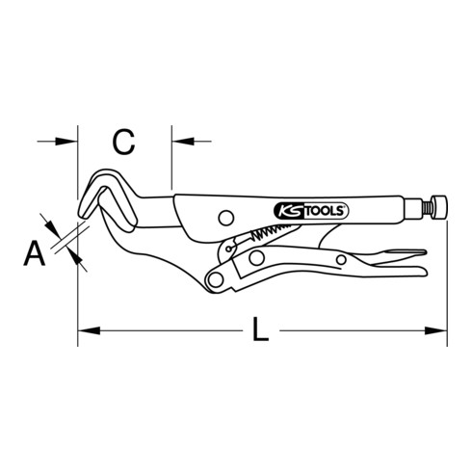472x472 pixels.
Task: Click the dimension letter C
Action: pos(122,143)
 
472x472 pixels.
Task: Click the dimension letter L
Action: pos(259,331)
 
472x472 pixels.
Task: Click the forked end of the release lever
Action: pos(409,256)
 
